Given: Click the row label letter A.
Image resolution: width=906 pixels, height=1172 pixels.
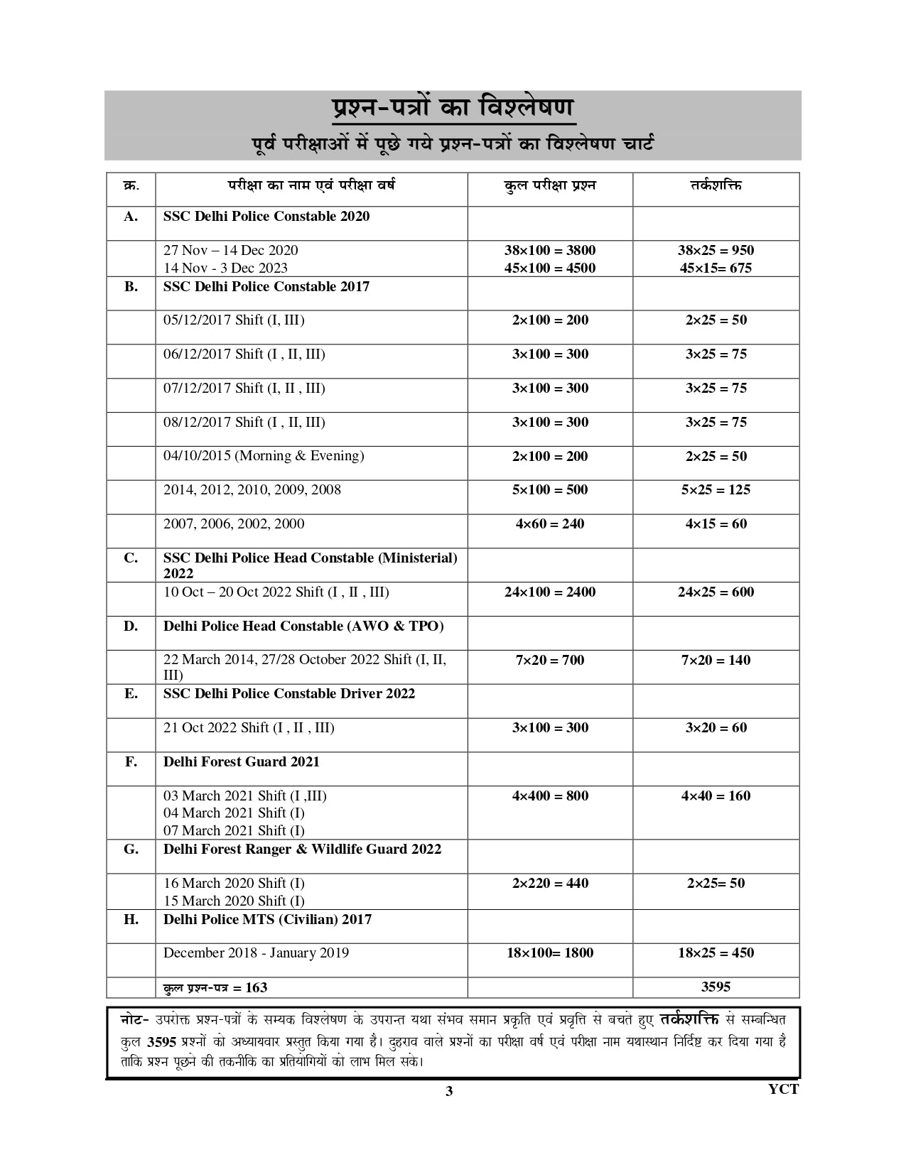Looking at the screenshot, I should click(x=131, y=217).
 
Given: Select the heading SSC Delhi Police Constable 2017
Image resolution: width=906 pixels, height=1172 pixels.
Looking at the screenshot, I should click(x=266, y=286).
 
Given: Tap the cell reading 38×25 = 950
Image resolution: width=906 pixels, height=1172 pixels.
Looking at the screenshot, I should click(x=716, y=250).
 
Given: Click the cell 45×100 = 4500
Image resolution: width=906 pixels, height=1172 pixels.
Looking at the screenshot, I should click(x=549, y=268).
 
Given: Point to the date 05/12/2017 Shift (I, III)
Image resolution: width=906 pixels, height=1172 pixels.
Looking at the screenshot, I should click(x=234, y=320).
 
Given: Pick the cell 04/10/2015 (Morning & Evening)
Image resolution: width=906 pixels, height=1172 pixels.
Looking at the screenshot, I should click(x=264, y=456).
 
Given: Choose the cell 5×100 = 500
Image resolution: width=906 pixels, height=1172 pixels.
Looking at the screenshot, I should click(x=550, y=490).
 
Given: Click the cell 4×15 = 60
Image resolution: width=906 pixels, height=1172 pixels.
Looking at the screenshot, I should click(x=716, y=524).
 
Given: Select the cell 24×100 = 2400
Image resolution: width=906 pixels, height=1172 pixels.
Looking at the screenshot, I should click(x=549, y=592).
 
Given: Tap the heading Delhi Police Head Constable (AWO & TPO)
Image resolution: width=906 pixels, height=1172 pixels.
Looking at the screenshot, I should click(x=303, y=626).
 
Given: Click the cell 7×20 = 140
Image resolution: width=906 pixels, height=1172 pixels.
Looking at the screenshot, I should click(x=716, y=661).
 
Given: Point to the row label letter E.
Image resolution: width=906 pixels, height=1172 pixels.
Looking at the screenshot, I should click(x=131, y=694).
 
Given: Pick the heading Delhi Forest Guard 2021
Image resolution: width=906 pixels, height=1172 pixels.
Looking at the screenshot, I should click(x=241, y=762).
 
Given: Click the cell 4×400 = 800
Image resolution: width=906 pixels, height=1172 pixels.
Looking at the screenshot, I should click(x=550, y=796).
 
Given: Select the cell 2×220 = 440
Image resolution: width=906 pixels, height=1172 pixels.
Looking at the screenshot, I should click(x=550, y=884).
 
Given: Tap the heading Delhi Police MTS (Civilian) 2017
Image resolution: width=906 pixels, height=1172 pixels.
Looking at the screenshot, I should click(x=267, y=920).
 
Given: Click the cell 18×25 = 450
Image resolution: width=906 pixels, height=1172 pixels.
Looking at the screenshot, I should click(x=716, y=953).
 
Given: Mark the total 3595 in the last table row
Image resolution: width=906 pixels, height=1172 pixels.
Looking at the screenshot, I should click(x=716, y=987).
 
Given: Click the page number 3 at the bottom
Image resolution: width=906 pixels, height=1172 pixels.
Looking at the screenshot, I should click(x=448, y=1092).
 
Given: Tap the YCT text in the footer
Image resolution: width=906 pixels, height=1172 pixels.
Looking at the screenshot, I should click(x=783, y=1089).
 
